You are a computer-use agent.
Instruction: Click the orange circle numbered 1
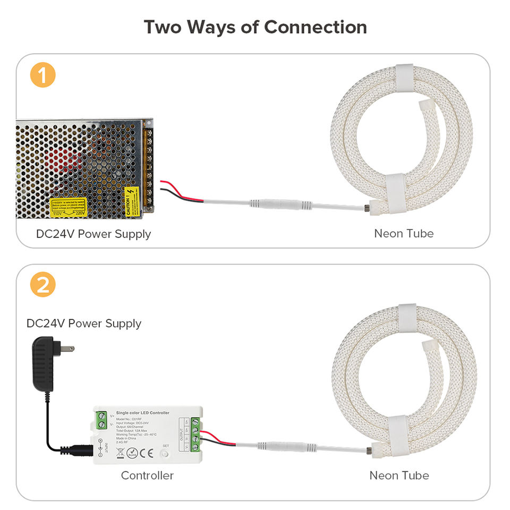pyautogui.click(x=42, y=75)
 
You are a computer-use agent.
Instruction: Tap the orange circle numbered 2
pyautogui.click(x=42, y=286)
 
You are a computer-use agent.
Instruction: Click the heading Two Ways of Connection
pyautogui.click(x=255, y=27)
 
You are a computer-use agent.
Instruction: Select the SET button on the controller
pyautogui.click(x=166, y=454)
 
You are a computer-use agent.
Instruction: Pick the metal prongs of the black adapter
pyautogui.click(x=67, y=348)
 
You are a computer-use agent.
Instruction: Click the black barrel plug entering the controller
pyautogui.click(x=80, y=449)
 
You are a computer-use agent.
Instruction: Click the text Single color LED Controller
pyautogui.click(x=142, y=413)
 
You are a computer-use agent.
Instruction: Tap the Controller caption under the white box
pyautogui.click(x=147, y=475)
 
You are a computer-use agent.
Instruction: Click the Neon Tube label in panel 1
pyautogui.click(x=404, y=233)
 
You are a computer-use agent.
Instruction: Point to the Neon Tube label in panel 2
pyautogui.click(x=399, y=475)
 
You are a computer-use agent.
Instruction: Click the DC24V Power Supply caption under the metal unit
pyautogui.click(x=93, y=234)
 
